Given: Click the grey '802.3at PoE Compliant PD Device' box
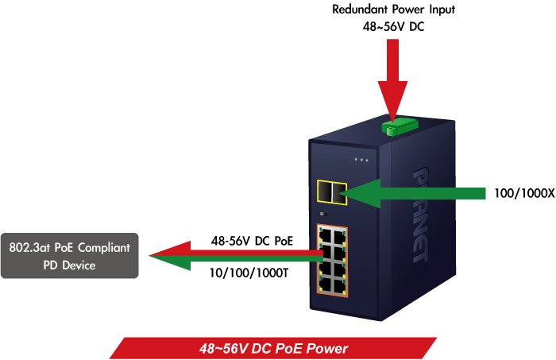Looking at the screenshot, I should (69, 256).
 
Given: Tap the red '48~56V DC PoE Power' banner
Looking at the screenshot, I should (272, 348).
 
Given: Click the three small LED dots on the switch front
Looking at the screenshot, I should (362, 160).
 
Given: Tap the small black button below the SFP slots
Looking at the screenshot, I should (323, 214).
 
